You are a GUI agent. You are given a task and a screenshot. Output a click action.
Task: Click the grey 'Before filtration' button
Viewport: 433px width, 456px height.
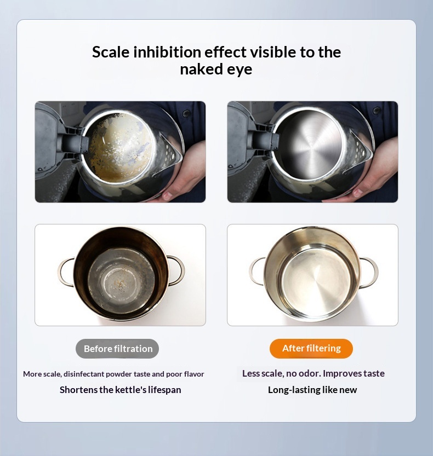click(x=117, y=348)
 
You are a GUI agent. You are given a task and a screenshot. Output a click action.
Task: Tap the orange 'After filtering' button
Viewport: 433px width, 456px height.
click(x=311, y=348)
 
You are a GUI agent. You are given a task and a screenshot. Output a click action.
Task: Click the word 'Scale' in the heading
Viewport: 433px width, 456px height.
click(x=111, y=53)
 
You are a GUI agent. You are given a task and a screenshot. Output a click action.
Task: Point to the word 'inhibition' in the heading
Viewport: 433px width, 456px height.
click(x=167, y=53)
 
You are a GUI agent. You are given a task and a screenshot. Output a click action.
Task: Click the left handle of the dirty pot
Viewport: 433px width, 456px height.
click(x=65, y=272)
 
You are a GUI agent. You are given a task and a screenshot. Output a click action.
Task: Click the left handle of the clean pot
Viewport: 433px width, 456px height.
click(x=257, y=272)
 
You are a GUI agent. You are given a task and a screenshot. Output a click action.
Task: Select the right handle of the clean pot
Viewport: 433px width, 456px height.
click(x=369, y=272)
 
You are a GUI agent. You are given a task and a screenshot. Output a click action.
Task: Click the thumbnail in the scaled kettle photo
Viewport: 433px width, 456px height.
click(x=167, y=195)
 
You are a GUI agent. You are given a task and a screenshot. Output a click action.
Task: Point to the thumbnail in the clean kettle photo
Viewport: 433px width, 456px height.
click(x=358, y=193)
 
